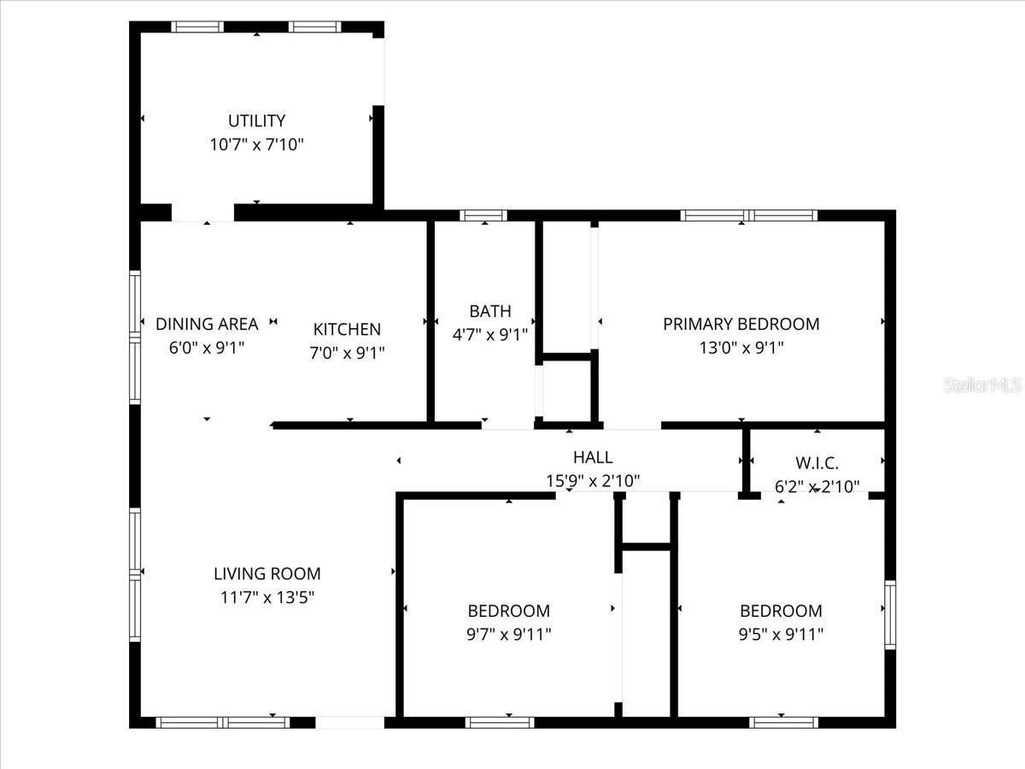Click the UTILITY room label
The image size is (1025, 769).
click(x=256, y=120)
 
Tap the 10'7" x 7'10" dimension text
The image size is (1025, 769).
click(x=256, y=144)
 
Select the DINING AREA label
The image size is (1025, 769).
click(x=207, y=324)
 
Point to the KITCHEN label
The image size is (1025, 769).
click(x=347, y=329)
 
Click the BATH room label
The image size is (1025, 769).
click(x=490, y=311)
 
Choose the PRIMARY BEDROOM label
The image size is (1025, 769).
click(x=741, y=324)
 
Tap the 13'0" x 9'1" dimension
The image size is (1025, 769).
click(x=741, y=348)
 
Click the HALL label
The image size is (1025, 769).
click(x=592, y=458)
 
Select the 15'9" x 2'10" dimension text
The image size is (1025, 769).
click(x=592, y=481)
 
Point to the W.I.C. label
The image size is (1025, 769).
click(x=817, y=464)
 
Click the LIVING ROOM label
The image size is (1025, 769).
click(x=267, y=573)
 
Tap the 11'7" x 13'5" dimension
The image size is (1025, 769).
click(x=267, y=597)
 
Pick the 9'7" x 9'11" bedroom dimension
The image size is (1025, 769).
click(x=509, y=634)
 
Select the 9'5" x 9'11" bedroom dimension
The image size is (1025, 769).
click(x=781, y=634)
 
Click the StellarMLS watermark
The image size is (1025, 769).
click(x=982, y=385)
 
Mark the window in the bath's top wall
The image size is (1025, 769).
click(x=483, y=215)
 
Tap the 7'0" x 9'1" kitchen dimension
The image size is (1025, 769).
click(x=347, y=352)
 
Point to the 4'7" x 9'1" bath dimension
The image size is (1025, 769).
click(x=490, y=334)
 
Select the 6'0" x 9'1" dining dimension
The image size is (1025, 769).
click(x=207, y=348)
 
